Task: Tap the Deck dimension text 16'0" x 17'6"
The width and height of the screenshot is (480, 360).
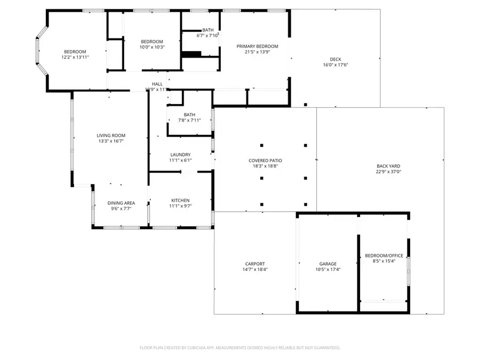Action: click(x=335, y=65)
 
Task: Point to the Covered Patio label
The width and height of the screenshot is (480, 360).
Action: click(x=265, y=161)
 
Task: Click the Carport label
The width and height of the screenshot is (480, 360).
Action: click(x=255, y=263)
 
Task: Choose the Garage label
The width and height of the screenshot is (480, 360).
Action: click(x=327, y=263)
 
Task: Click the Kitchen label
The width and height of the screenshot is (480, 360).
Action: click(x=180, y=200)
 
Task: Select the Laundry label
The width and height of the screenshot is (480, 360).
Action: click(x=180, y=155)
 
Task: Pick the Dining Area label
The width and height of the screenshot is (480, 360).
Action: click(x=121, y=203)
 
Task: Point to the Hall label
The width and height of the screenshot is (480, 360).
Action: click(x=157, y=84)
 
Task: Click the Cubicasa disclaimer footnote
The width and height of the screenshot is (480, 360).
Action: click(x=239, y=347)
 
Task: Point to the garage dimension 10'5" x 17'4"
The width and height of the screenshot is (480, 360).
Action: click(x=327, y=269)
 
